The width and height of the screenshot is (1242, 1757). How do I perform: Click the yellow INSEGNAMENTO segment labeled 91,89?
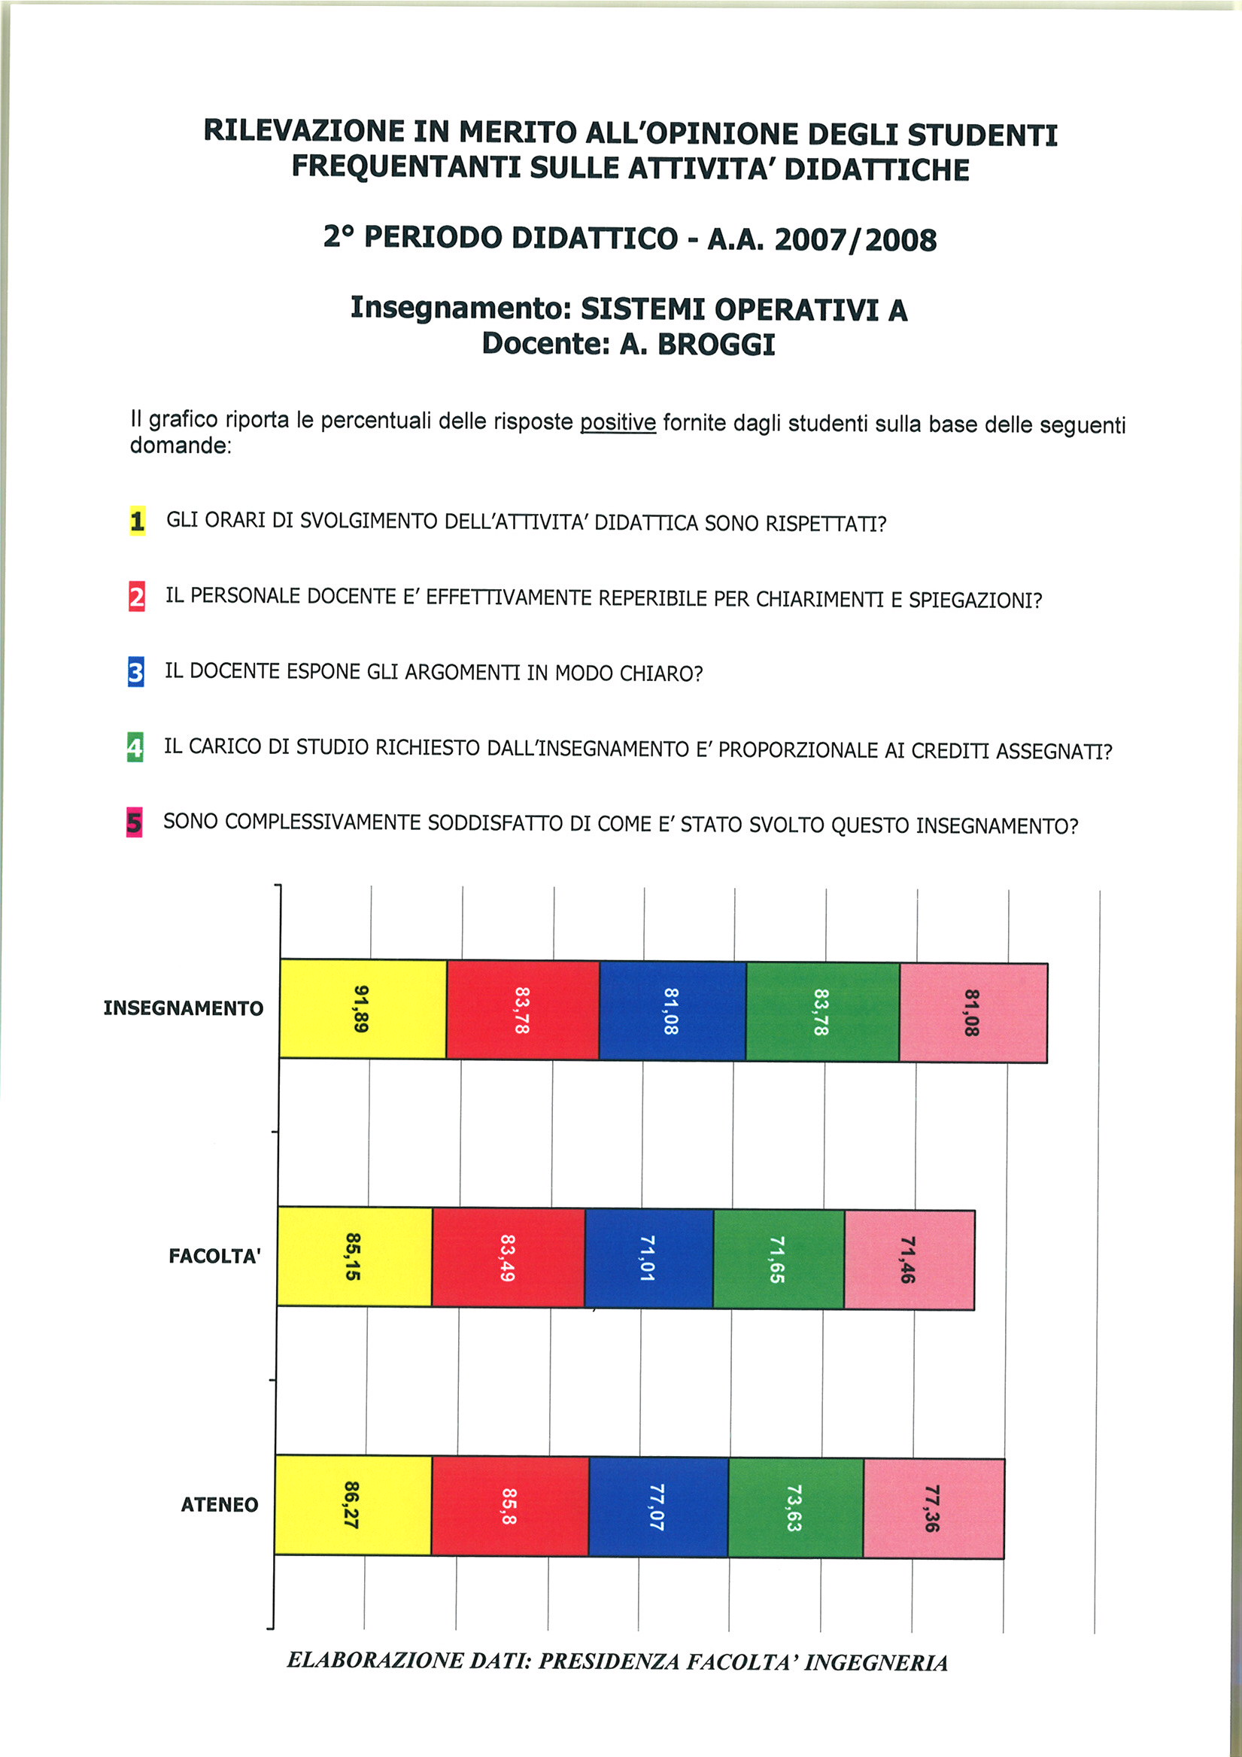[363, 1008]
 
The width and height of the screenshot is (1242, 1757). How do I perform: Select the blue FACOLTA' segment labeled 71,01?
[648, 1258]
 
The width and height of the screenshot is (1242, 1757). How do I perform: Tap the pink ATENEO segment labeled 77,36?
[933, 1508]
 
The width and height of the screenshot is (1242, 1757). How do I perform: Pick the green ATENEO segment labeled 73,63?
[795, 1507]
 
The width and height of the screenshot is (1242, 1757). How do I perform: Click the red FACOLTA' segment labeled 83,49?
[508, 1257]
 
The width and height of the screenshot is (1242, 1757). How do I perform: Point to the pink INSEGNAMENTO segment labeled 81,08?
[973, 1012]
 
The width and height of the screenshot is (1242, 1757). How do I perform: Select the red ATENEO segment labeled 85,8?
[509, 1506]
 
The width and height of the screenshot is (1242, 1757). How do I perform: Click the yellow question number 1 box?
[137, 521]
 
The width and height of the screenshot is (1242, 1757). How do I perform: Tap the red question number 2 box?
[136, 596]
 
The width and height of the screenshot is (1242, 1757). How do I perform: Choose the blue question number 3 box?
[135, 672]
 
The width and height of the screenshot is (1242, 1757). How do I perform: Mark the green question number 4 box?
[135, 747]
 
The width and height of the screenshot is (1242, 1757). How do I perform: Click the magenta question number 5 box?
[134, 822]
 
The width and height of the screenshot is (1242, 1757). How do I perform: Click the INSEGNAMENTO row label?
[183, 1008]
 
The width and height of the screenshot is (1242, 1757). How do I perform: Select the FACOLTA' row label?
[214, 1256]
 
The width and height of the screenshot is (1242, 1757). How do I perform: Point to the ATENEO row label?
[219, 1504]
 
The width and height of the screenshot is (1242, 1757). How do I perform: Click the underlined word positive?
[618, 422]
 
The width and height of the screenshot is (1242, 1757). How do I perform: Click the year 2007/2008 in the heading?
[855, 239]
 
